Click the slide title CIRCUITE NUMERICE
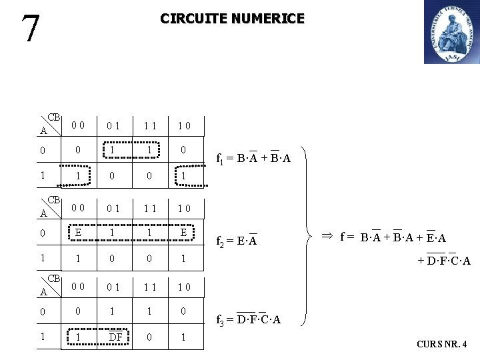232,19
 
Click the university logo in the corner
451,32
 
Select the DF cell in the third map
115,337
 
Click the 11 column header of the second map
149,208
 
